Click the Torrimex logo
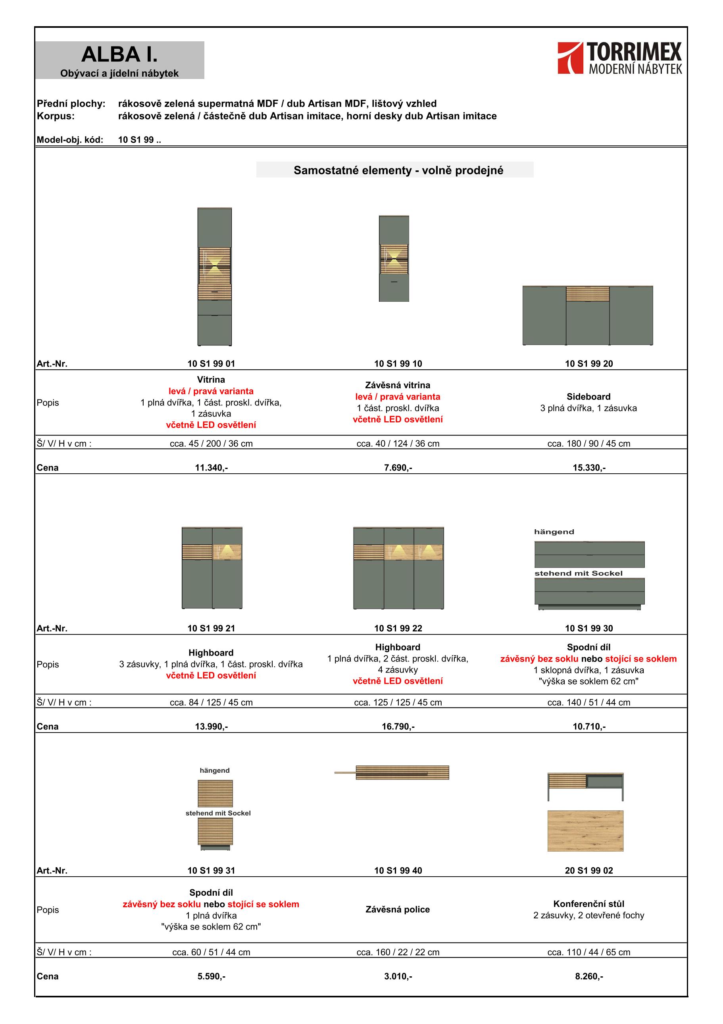click(619, 58)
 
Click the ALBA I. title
click(119, 54)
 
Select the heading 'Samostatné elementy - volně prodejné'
click(398, 170)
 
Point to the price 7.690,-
click(398, 467)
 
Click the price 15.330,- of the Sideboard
click(589, 467)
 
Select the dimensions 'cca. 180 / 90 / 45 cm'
click(589, 444)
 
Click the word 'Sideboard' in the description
click(588, 397)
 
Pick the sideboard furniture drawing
click(588, 315)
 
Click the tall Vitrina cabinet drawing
click(214, 276)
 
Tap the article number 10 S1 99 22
click(398, 629)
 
